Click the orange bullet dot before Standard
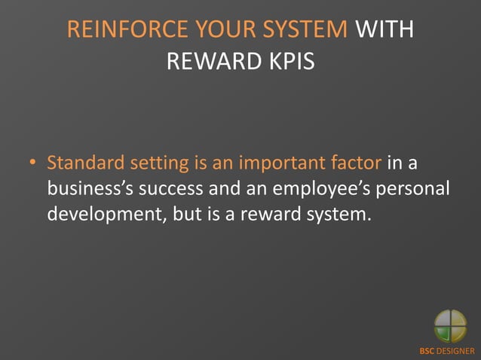pyautogui.click(x=33, y=163)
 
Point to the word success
pyautogui.click(x=175, y=189)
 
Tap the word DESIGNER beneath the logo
pyautogui.click(x=458, y=351)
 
